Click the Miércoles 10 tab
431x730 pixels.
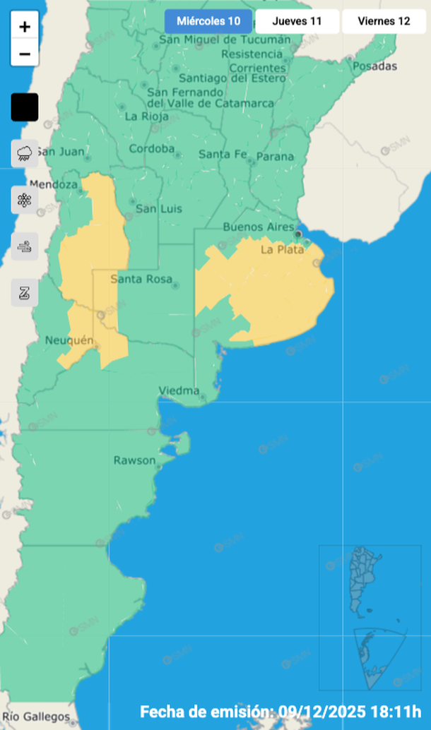tap(208, 21)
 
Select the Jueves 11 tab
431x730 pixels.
tap(297, 21)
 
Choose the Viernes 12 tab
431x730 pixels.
tap(384, 21)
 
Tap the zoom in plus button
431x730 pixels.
tap(25, 27)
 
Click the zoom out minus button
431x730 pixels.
tap(25, 53)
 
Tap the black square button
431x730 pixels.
tap(25, 107)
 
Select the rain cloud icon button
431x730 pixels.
tap(25, 152)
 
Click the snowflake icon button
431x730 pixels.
tap(25, 200)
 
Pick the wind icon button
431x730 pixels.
tap(25, 246)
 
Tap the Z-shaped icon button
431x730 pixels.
tap(25, 292)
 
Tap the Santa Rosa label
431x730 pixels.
tap(141, 280)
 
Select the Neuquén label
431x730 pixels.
tap(69, 340)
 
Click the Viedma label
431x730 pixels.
tap(179, 390)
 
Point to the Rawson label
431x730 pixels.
tap(134, 461)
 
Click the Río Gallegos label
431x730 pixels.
tap(41, 716)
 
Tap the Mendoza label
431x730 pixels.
tap(54, 185)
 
